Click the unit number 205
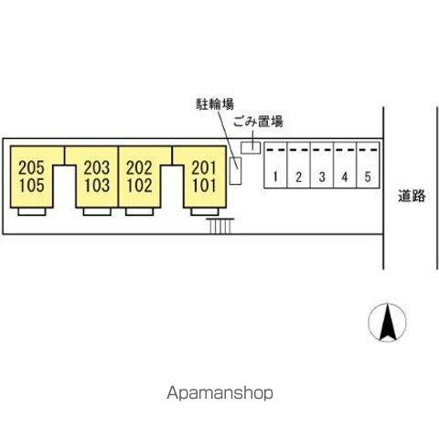point(31,167)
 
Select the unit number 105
point(32,186)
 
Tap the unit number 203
point(97,167)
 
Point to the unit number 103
point(97,186)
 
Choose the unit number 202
point(139,167)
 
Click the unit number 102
point(139,186)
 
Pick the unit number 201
point(204,167)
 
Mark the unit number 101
point(205,186)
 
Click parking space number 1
point(275,177)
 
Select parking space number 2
point(298,177)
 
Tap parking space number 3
point(322,177)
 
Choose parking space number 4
point(345,177)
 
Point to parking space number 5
point(368,177)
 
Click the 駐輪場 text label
point(215,104)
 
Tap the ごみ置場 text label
point(258,122)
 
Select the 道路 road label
point(412,196)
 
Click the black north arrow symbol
point(388,323)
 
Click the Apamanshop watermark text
point(219,393)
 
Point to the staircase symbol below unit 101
point(220,226)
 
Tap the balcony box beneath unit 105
point(32,211)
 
